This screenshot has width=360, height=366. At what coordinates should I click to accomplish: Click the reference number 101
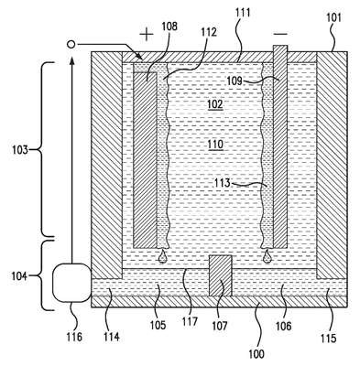pos(333,18)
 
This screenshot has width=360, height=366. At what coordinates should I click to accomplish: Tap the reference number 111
pos(243,13)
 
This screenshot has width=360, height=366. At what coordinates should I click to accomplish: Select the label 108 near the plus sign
pos(169,27)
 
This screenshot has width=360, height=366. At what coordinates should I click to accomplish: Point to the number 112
pos(209,32)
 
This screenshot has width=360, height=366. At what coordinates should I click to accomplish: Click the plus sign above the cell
pos(147,34)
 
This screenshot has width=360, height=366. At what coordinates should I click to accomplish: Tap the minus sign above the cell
pos(280,34)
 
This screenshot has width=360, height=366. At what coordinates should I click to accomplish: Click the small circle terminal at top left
pos(71,45)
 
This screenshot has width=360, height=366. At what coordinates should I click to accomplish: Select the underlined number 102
pos(215,104)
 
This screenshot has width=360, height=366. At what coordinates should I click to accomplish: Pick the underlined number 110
pos(215,144)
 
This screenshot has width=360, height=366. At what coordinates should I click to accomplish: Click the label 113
pos(222,183)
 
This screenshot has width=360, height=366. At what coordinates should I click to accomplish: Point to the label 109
pos(235,81)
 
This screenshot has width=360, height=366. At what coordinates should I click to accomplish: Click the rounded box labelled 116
pos(72,283)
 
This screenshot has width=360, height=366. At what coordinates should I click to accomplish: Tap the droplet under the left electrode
pos(162,255)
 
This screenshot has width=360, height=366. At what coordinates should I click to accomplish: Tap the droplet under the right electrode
pos(267,255)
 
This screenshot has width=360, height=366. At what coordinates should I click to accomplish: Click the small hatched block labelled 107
pos(220,275)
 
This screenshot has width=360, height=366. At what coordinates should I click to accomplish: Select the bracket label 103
pos(20,150)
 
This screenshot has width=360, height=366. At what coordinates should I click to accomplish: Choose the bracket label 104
pos(19,276)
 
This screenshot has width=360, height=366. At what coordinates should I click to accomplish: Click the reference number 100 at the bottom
pos(256,354)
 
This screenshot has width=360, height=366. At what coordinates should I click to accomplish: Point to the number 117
pos(190,322)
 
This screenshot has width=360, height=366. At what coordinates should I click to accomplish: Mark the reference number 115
pos(329,338)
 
